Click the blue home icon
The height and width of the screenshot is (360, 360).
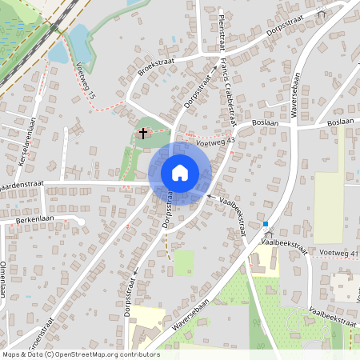[x=179, y=173]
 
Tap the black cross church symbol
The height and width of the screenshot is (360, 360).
[x=143, y=133]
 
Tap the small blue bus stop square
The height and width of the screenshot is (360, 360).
[x=265, y=224]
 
